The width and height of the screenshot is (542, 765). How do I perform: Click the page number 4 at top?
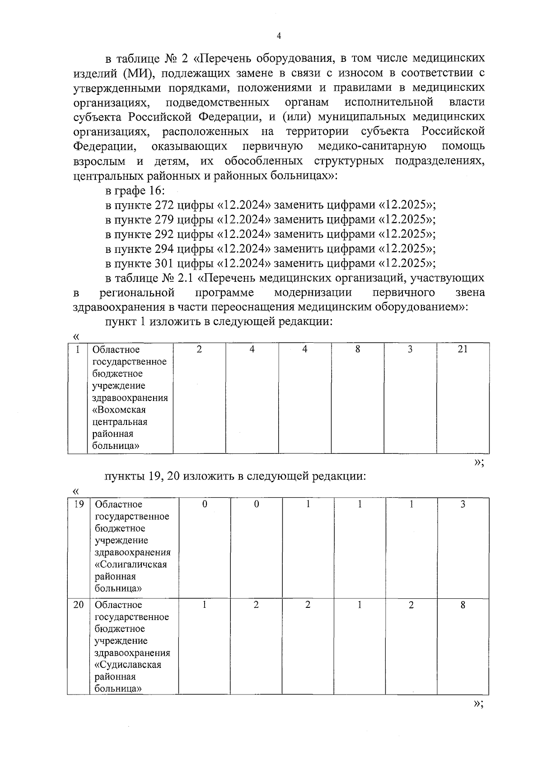point(278,36)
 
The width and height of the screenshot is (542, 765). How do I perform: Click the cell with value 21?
point(463,349)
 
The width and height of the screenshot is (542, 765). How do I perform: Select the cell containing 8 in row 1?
point(357,349)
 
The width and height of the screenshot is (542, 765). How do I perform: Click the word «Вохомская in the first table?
point(119,410)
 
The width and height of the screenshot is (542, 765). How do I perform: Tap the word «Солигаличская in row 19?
point(131,564)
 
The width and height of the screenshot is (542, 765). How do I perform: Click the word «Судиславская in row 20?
point(128,665)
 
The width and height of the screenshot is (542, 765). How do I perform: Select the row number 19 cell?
point(79,504)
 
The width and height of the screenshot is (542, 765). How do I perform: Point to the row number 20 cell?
point(79,605)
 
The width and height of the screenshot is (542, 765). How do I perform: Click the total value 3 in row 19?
point(463,504)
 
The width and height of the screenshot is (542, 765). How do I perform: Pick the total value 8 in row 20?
point(463,605)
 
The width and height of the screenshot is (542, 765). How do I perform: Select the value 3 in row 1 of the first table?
point(410,349)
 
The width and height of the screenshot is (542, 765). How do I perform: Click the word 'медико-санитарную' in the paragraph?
point(372,146)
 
